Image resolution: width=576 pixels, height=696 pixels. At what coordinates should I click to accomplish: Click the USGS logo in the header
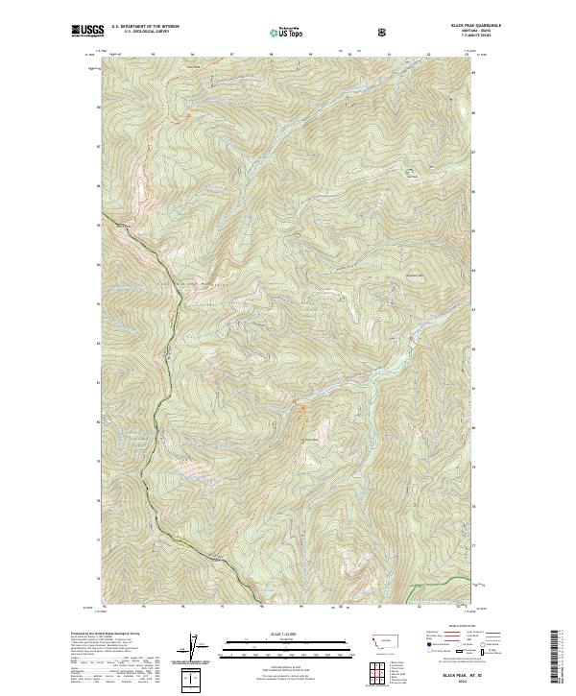pos(85,32)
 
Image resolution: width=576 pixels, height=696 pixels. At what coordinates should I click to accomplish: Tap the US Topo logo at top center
pos(287,33)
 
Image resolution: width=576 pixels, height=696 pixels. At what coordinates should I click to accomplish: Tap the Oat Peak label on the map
pos(413,175)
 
